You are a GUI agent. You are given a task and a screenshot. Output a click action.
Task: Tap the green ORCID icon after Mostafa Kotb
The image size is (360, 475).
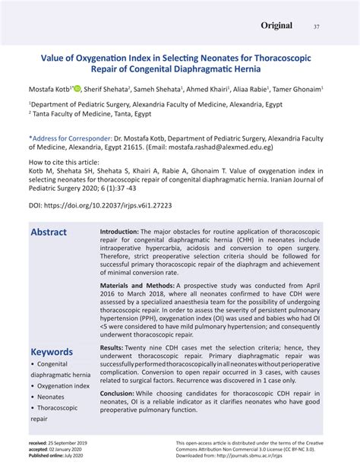click(77, 88)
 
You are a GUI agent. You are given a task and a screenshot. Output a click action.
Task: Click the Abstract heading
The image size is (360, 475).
click(49, 232)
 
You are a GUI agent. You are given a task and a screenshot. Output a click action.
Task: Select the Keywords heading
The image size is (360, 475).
click(52, 352)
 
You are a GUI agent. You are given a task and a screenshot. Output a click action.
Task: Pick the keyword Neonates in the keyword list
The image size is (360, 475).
click(51, 397)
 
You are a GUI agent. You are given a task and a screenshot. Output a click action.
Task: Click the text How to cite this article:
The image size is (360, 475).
click(64, 163)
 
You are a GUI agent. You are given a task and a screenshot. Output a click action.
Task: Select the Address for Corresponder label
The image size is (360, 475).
click(64, 140)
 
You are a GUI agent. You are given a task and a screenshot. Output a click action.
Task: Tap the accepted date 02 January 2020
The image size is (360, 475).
click(73, 449)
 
